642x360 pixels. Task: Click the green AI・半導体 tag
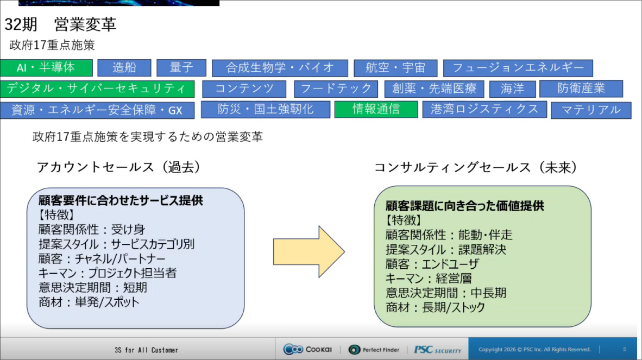click(46, 68)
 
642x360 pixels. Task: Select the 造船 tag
click(124, 68)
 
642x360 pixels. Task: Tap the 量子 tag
click(181, 68)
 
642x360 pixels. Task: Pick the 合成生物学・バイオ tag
click(280, 68)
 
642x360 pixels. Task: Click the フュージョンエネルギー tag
click(518, 68)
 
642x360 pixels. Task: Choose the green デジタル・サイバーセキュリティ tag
click(97, 89)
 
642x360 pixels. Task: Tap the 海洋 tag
click(512, 89)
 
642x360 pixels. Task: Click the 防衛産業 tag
click(581, 89)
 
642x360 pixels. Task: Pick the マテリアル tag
click(591, 110)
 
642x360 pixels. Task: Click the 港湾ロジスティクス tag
click(484, 109)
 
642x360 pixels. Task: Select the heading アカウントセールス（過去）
click(119, 167)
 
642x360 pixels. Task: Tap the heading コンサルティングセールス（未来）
click(475, 167)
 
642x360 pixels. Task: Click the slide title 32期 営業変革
click(60, 24)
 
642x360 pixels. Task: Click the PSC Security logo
click(437, 350)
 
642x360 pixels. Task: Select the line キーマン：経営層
click(429, 279)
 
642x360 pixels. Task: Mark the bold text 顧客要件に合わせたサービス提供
click(121, 200)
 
